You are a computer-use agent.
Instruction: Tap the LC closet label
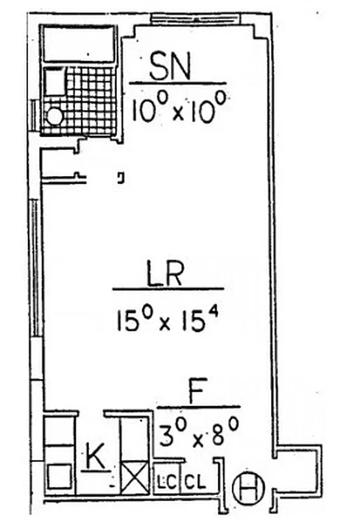click(x=164, y=483)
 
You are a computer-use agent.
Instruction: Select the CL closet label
click(x=194, y=483)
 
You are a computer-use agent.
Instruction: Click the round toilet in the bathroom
click(x=55, y=116)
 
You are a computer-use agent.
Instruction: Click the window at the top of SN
click(x=195, y=18)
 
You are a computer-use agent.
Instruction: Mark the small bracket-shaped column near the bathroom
click(x=121, y=176)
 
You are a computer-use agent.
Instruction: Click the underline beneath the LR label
click(x=168, y=289)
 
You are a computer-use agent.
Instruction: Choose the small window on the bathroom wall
click(x=33, y=116)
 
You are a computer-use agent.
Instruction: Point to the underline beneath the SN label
click(x=177, y=83)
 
